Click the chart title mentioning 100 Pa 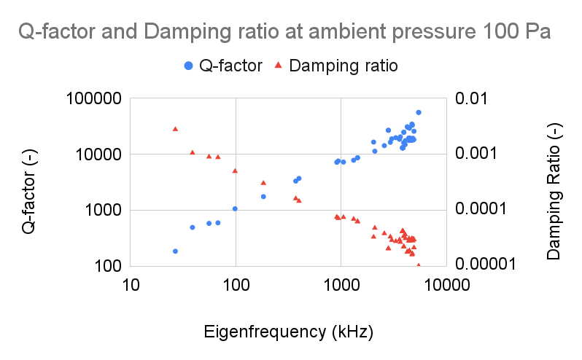(x=284, y=33)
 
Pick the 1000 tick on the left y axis (x=101, y=210)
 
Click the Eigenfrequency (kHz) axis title (x=289, y=332)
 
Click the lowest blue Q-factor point (x=175, y=251)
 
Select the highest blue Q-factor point (x=418, y=112)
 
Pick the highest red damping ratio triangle (x=175, y=128)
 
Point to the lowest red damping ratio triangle (x=418, y=265)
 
